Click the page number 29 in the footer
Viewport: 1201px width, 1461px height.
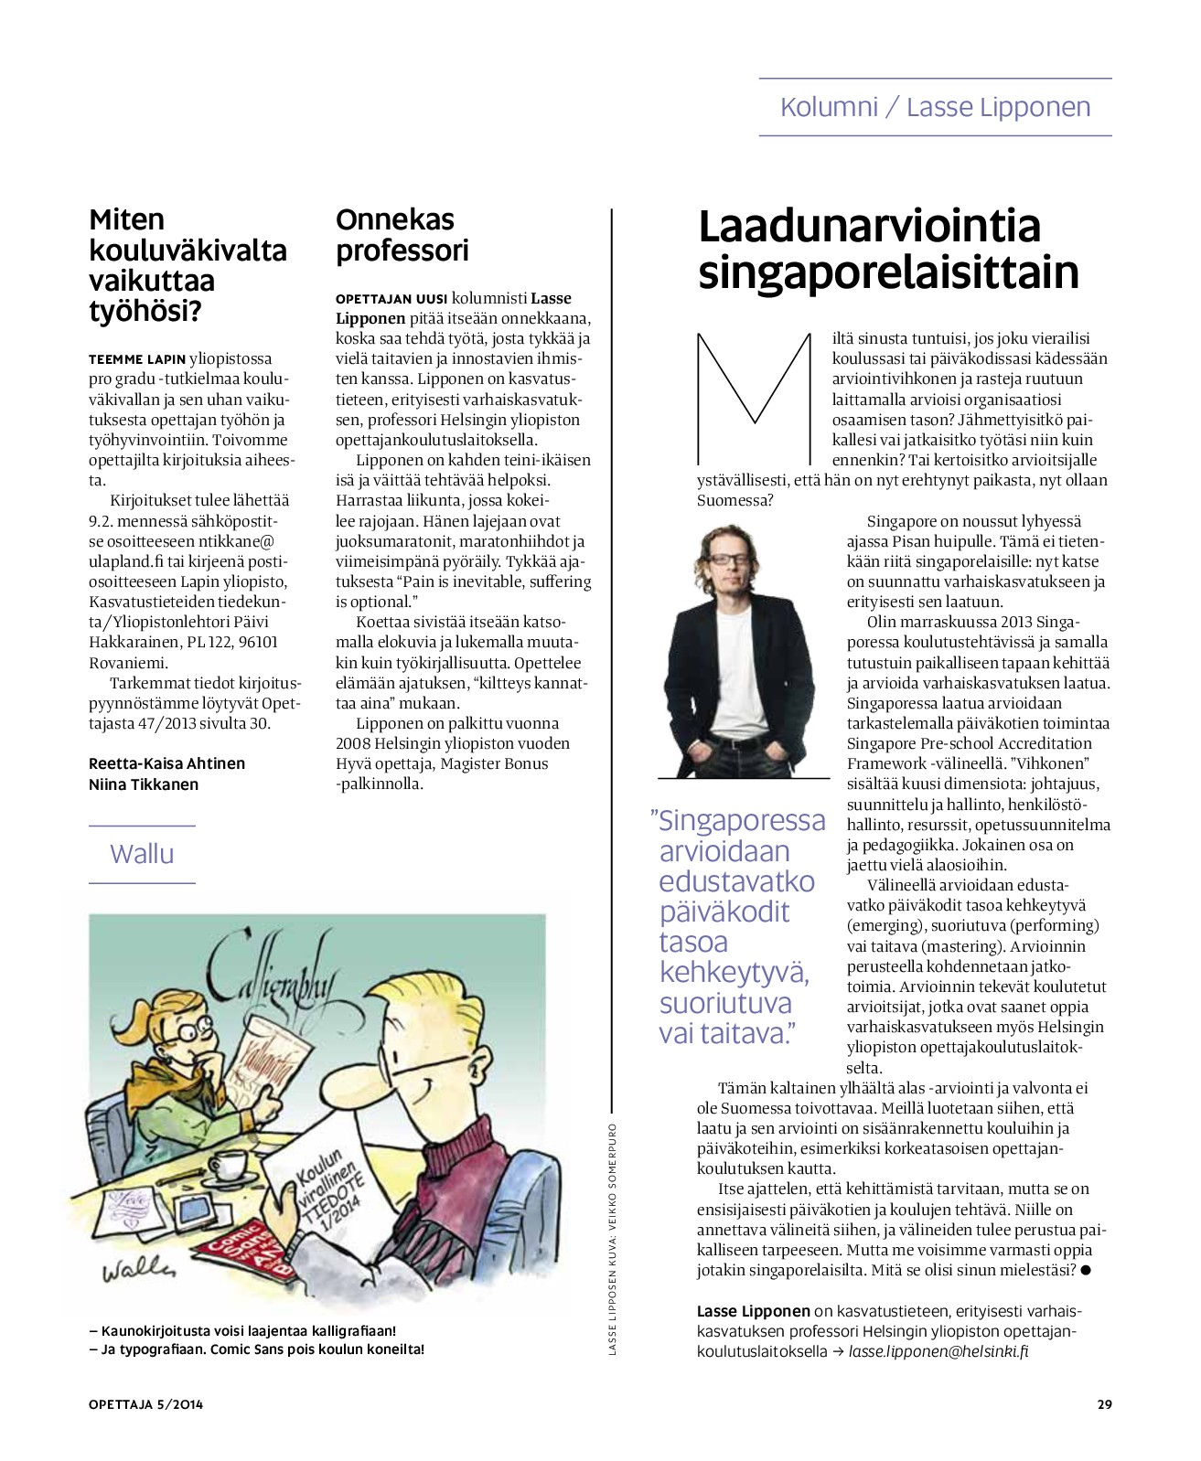[1104, 1404]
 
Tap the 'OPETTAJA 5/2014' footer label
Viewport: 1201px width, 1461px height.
[145, 1404]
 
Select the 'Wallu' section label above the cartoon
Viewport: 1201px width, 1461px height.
[142, 854]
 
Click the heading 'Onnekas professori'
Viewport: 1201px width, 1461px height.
[402, 235]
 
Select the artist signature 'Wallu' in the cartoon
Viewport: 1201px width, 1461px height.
[137, 1270]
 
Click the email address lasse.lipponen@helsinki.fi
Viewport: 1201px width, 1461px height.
[938, 1351]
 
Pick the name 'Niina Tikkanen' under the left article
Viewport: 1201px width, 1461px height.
[144, 784]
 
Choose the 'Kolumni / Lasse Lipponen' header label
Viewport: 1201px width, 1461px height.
[935, 107]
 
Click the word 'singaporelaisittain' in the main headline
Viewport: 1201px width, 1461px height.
[888, 272]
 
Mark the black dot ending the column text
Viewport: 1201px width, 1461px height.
[1087, 1271]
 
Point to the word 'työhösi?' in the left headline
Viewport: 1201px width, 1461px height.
[145, 312]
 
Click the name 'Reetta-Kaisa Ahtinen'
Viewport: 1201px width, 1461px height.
[166, 763]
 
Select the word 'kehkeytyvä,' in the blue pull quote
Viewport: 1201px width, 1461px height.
[735, 972]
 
